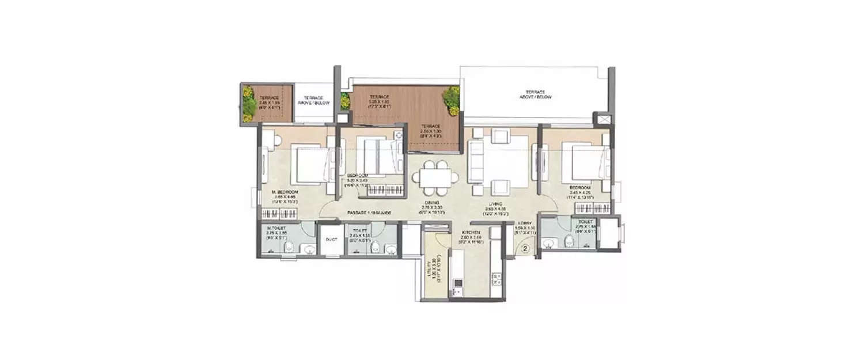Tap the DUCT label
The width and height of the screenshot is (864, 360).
[x=331, y=239]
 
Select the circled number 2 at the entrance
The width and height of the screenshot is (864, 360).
[x=525, y=249]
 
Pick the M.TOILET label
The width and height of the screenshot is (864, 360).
[x=278, y=228]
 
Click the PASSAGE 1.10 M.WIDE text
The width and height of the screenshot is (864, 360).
[x=369, y=213]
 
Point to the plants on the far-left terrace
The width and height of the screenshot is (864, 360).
[x=249, y=103]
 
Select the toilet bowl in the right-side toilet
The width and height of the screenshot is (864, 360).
[x=570, y=240]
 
